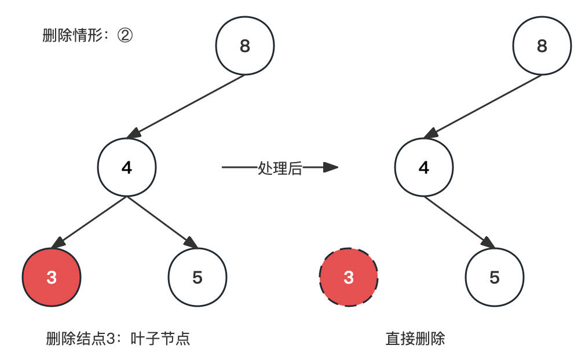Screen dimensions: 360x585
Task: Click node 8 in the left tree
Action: (244, 46)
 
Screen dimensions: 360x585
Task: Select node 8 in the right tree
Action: (542, 46)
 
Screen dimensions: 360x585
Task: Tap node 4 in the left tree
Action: (127, 168)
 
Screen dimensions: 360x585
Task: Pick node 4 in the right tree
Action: (424, 168)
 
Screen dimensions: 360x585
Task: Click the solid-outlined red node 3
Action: (52, 277)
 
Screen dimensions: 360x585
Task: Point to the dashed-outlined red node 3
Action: (349, 277)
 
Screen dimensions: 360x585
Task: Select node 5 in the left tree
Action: (198, 277)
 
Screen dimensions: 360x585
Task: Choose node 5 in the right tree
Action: (495, 277)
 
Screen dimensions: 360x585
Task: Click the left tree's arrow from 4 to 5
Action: (162, 221)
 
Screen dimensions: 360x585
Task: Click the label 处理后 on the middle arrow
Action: (280, 168)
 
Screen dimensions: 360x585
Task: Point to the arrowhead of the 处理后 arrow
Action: (331, 168)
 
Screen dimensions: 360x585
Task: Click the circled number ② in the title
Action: (125, 36)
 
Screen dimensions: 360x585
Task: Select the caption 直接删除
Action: (415, 339)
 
